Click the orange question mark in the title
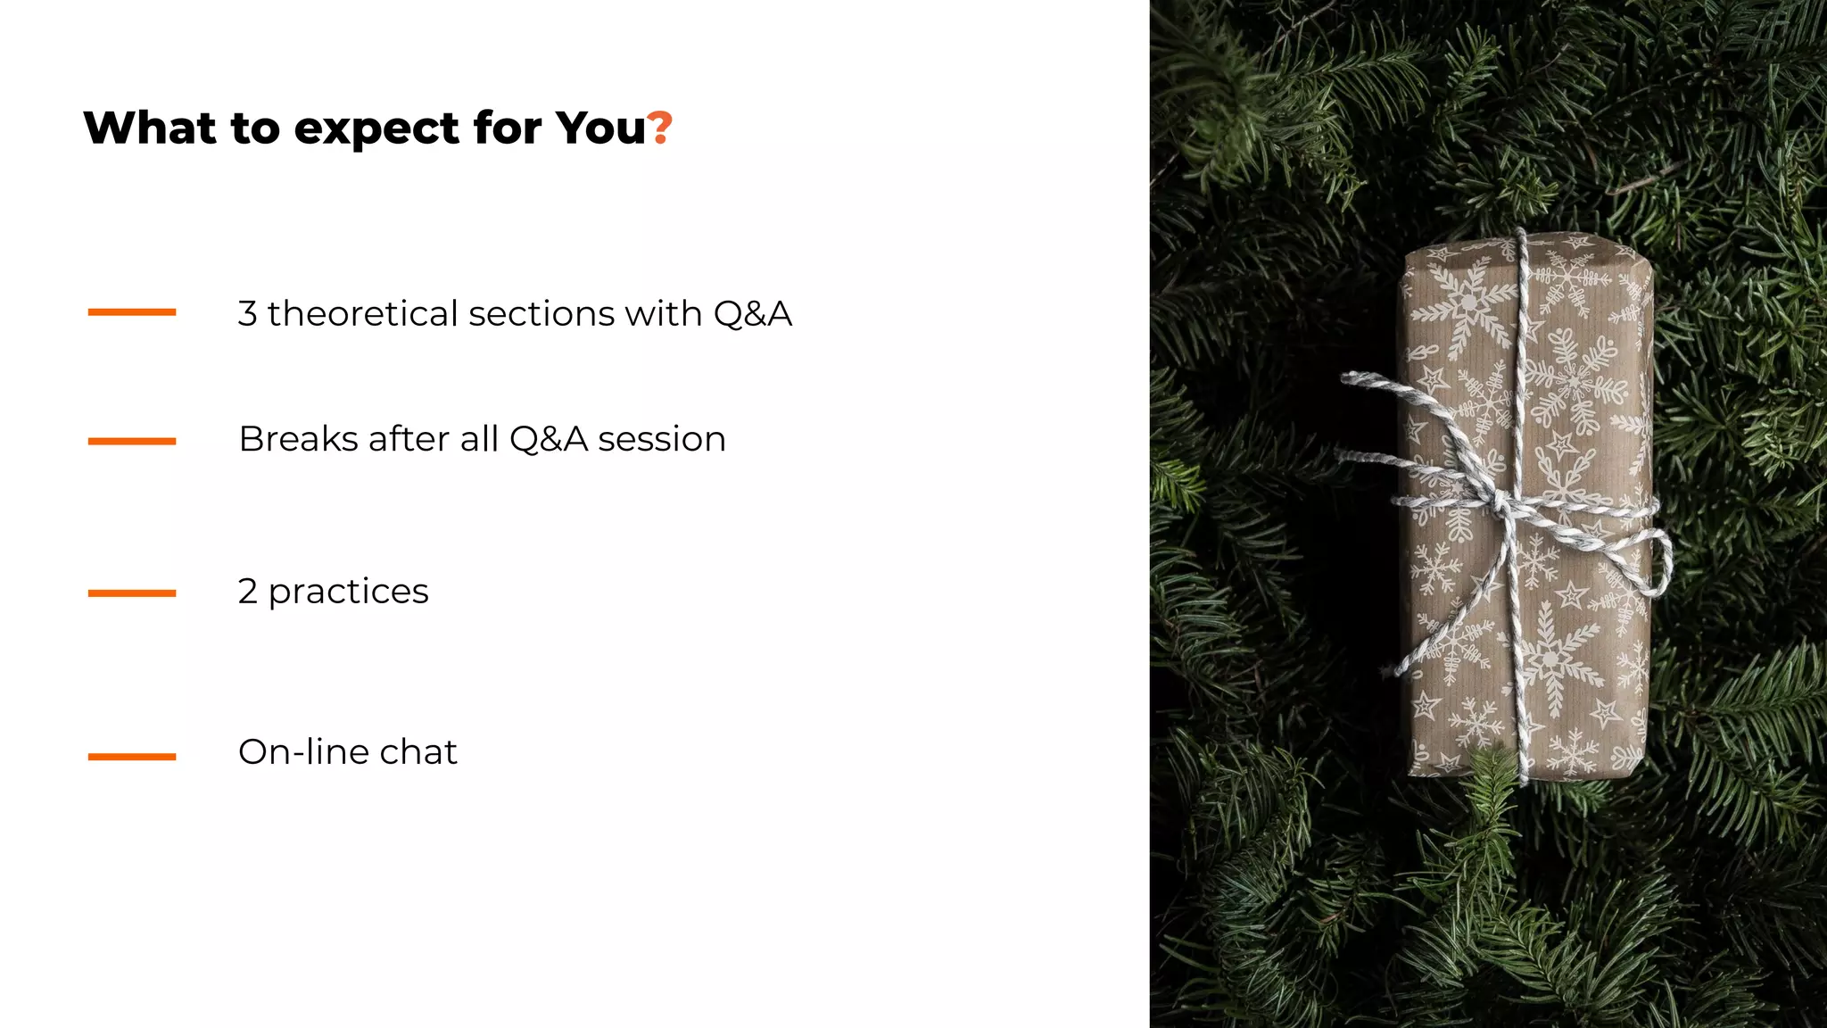click(x=659, y=128)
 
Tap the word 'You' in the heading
click(x=599, y=128)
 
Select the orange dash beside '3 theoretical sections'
click(x=132, y=312)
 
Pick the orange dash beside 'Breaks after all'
click(x=132, y=441)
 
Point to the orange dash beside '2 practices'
click(x=132, y=593)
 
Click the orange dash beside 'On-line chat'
click(x=132, y=757)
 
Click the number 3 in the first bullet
click(x=247, y=314)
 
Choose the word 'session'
click(x=661, y=439)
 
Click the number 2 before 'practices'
click(x=247, y=592)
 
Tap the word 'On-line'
click(x=302, y=752)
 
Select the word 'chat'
click(x=418, y=752)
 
